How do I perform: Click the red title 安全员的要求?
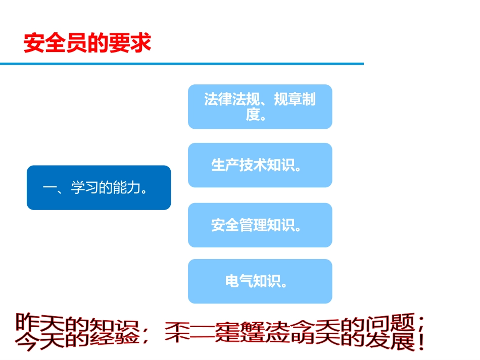(x=87, y=43)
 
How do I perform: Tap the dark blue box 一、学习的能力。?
(x=99, y=188)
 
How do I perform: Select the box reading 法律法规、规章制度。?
(x=260, y=107)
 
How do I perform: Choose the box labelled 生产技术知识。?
(x=260, y=165)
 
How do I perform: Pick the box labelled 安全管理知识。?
(x=260, y=225)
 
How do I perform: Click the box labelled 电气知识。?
(x=260, y=281)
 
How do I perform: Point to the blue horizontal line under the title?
(x=182, y=64)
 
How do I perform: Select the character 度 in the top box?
(x=253, y=115)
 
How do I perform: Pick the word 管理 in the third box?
(x=253, y=225)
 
